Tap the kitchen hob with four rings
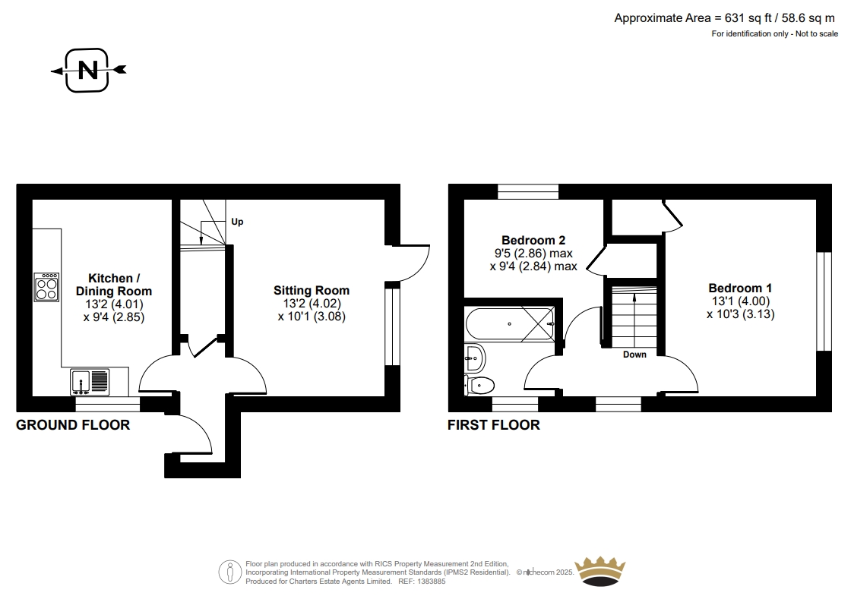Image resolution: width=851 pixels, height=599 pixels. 46,287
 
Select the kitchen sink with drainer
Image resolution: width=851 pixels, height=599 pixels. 90,382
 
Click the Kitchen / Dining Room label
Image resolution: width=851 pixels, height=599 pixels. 114,285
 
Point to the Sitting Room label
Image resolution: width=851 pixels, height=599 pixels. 312,291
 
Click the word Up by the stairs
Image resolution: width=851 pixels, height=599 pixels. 237,222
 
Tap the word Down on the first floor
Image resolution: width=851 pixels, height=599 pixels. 634,355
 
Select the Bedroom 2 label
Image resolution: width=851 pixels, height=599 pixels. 533,240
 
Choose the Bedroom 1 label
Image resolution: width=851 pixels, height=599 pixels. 740,288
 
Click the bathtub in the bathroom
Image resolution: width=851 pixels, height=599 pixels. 510,324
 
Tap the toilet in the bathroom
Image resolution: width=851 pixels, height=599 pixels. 479,386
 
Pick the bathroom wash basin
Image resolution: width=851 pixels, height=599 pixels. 476,358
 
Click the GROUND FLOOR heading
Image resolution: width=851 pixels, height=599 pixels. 73,425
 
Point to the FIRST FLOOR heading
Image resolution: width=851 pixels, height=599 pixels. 494,425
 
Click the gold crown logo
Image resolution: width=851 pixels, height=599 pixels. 600,571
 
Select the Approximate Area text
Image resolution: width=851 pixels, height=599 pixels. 725,18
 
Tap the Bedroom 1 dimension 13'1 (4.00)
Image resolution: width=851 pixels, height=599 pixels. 741,301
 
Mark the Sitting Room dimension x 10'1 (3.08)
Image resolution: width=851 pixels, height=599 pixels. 312,317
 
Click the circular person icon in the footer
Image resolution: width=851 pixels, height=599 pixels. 230,572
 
